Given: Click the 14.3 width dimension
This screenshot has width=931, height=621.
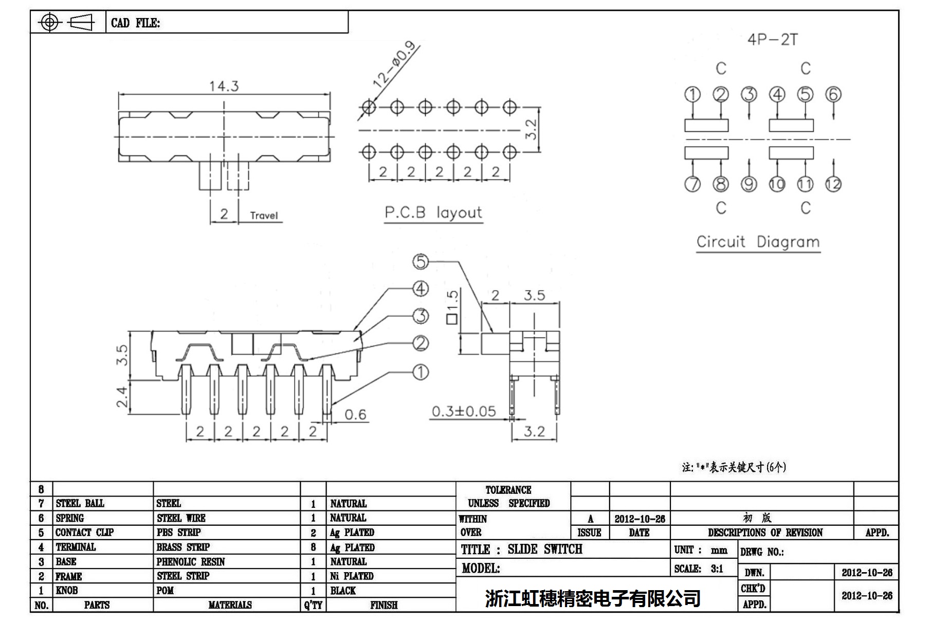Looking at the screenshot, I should pos(224,86).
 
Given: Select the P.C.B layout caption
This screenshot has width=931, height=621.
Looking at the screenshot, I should pos(433,212).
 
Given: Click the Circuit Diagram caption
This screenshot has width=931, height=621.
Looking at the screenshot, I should pos(758,242).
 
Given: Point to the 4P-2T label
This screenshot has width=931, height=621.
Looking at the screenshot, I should pos(772,40).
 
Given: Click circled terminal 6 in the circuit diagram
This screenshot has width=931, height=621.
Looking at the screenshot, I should pos(833,95).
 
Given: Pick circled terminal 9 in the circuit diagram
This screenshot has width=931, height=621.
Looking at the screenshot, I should pos(749,184).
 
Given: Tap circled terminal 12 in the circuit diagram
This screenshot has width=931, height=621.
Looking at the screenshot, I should pos(833,184).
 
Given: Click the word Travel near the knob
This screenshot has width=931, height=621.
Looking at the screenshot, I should pos(264,216).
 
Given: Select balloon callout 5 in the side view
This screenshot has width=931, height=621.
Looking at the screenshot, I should pos(421,262).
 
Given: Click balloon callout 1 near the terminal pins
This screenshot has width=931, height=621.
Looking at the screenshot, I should pos(421,372).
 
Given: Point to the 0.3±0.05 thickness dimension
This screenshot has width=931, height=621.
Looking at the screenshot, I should pos(464,412).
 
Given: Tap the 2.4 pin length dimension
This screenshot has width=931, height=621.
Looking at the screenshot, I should pos(122,397).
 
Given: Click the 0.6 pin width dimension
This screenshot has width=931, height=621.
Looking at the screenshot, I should pos(355,415).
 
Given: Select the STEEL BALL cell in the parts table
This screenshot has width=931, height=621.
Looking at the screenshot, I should pos(80,503).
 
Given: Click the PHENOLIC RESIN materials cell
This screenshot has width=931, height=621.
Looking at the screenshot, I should pos(191,562).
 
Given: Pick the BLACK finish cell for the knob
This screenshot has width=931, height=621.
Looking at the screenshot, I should pos(343,591).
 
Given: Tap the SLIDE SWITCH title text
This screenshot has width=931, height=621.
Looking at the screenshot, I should pos(545,549).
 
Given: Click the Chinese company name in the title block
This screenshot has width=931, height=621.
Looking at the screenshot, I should pos(593,598).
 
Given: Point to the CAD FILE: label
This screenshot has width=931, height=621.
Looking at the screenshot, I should pos(135,23).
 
